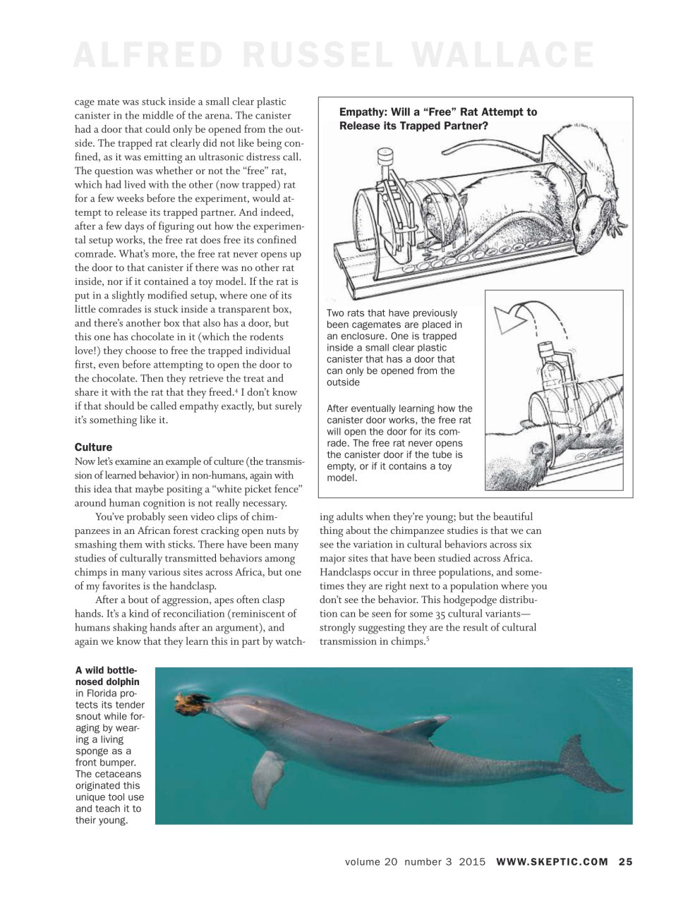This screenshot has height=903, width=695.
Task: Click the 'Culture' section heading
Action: (93, 447)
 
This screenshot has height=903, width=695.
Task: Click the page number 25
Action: (625, 861)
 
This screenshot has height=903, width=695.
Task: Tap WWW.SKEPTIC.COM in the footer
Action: (552, 861)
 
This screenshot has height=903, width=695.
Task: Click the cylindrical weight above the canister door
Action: (385, 157)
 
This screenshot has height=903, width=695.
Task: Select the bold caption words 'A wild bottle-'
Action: (106, 670)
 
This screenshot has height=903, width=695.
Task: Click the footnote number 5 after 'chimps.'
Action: (428, 638)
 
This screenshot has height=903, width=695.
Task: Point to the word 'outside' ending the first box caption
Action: (343, 382)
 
